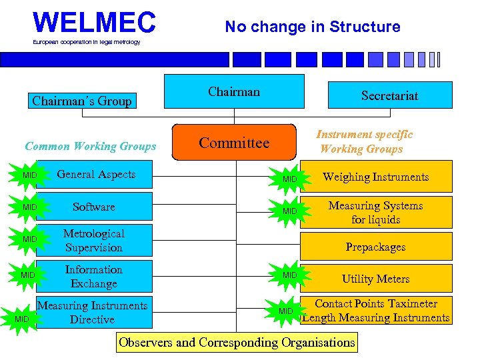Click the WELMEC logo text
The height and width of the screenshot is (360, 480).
pos(94,23)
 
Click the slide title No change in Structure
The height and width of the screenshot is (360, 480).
pos(312,27)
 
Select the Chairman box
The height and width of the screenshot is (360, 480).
pos(234,91)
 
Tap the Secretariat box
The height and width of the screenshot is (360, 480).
pos(389,95)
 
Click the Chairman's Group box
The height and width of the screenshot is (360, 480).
pos(82,101)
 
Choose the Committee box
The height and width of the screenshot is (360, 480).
pos(233,143)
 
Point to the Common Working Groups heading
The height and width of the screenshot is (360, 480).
pos(90,146)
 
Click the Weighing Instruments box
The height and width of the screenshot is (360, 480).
pos(375,177)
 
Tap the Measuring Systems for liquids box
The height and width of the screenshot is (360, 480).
pos(375,212)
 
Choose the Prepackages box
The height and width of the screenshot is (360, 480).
pos(375,247)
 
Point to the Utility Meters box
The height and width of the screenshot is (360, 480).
pos(375,279)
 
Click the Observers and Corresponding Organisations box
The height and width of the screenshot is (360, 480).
pos(237,343)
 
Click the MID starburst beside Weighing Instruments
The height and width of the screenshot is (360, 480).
pos(289,179)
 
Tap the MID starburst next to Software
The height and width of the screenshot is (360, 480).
pos(29,207)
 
